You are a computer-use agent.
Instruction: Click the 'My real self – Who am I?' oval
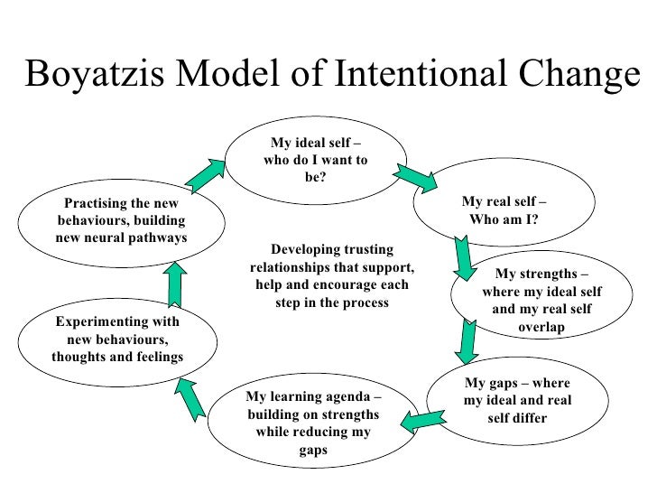tap(504, 209)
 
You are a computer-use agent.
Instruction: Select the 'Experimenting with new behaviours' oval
tap(117, 340)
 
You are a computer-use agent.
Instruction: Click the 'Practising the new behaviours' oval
tap(122, 221)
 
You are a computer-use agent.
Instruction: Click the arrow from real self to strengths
tap(464, 257)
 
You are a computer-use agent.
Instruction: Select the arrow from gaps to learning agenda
tap(423, 418)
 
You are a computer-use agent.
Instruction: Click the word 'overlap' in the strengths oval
tap(541, 326)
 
